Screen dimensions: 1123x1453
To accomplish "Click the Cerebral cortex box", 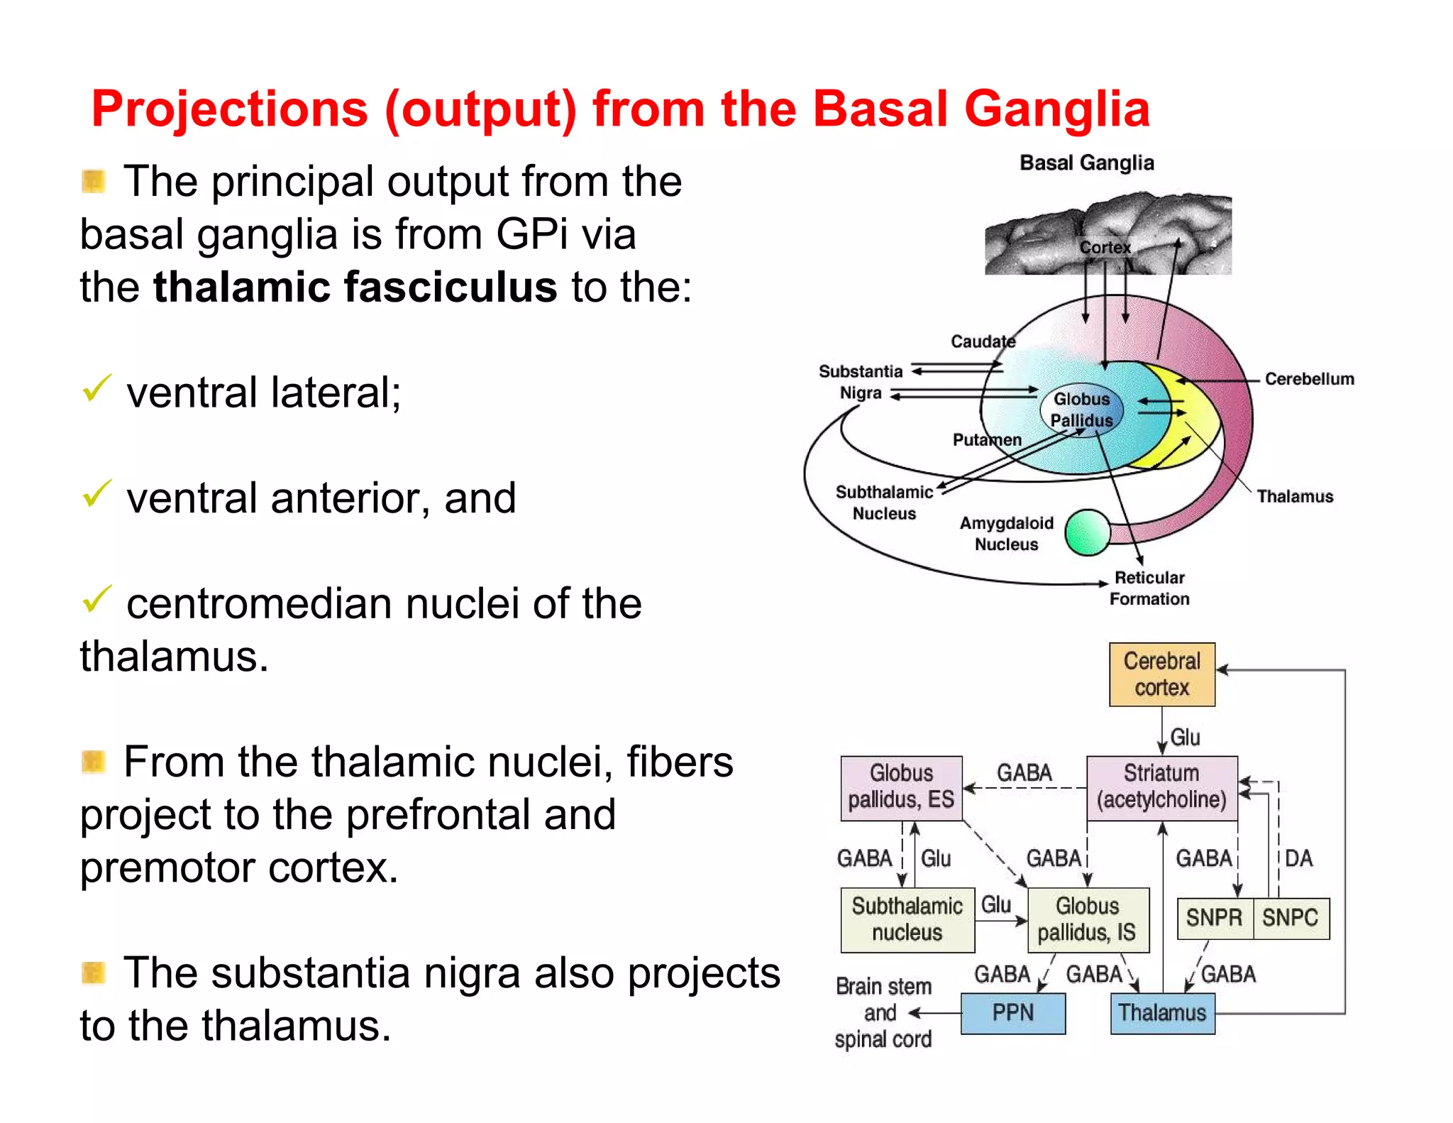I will click(x=1161, y=674).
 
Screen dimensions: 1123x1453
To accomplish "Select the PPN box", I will click(x=1012, y=1013).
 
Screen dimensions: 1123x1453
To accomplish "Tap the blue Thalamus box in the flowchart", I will click(x=1162, y=1013).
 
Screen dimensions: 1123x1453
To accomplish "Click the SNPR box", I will click(x=1214, y=918).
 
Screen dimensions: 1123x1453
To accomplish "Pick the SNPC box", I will click(x=1291, y=918).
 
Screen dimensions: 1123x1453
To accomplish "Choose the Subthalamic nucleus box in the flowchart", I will click(x=907, y=919).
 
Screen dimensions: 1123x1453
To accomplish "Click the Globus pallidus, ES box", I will click(x=901, y=787).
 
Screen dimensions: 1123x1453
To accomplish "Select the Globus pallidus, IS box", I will click(x=1087, y=919).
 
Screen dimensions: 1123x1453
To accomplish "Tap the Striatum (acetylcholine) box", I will click(x=1161, y=787).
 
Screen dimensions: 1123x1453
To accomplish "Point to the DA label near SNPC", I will click(x=1298, y=858).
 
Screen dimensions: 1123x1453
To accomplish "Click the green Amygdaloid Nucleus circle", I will click(x=1088, y=532).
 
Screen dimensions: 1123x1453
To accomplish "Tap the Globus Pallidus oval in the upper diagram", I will click(x=1082, y=410).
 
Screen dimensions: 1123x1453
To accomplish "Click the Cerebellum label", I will click(x=1309, y=379).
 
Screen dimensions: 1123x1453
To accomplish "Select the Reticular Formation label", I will click(x=1149, y=588).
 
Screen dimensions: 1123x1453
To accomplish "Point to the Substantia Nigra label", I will click(x=861, y=382).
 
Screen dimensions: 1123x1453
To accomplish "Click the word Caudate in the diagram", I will click(x=983, y=341).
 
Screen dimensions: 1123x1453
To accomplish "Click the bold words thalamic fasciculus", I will click(x=355, y=287).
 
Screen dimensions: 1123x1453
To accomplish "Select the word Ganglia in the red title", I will click(x=1056, y=110).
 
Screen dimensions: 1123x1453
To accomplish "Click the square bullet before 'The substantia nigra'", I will click(x=94, y=973).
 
